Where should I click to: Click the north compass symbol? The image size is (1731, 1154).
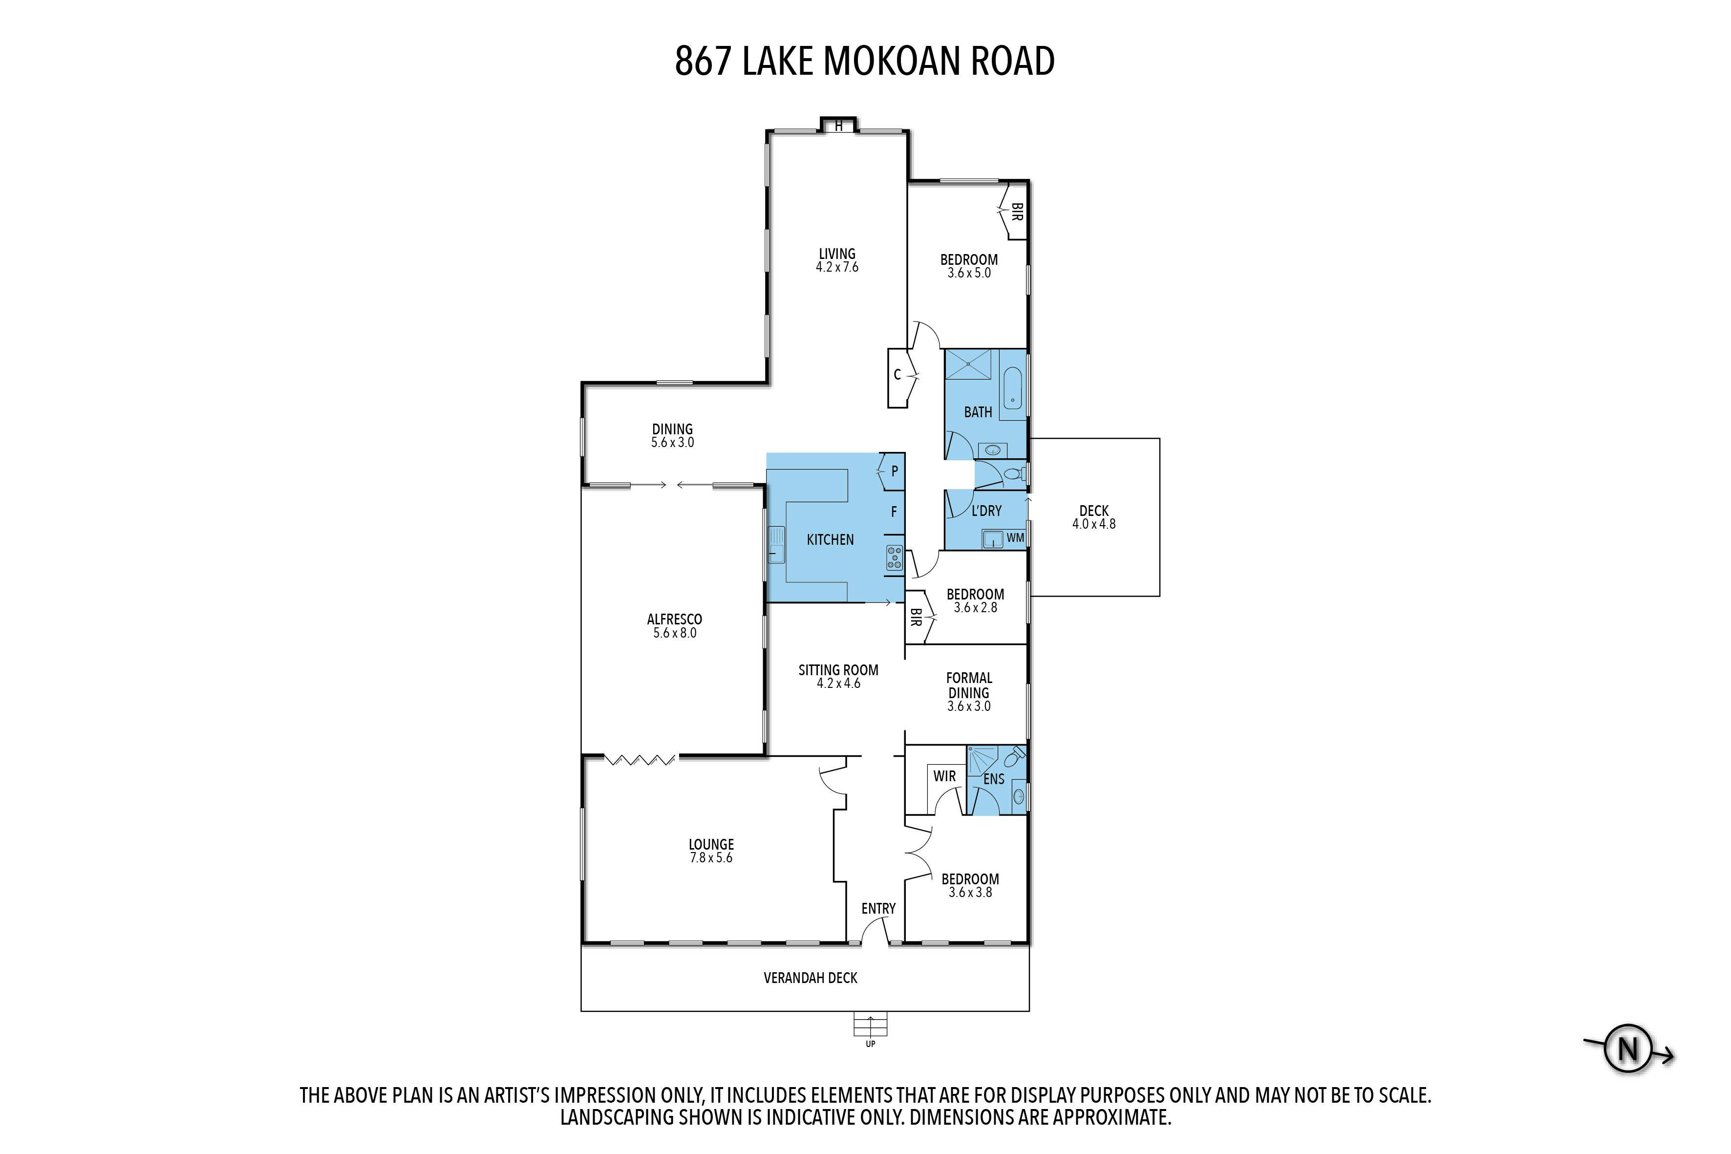coord(1628,1049)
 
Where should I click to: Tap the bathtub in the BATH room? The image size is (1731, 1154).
coord(1013,388)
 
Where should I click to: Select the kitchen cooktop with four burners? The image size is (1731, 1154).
coord(894,557)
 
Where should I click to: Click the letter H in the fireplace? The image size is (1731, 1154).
coord(838,126)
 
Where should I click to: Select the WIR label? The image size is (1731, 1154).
coord(944,776)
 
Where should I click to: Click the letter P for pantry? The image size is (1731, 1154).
coord(894,471)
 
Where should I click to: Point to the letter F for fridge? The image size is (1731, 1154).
coord(894,512)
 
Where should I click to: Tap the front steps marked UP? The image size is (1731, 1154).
coord(870,1025)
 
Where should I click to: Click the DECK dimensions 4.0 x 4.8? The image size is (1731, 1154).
coord(1093,524)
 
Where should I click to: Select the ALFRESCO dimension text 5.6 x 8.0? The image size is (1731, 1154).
coord(675,633)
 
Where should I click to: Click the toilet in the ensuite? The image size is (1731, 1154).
coord(1014,757)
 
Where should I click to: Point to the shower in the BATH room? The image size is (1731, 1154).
coord(968,365)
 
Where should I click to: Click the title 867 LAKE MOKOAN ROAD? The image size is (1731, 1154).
coord(865,61)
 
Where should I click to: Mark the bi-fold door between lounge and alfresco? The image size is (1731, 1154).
coord(641,759)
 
